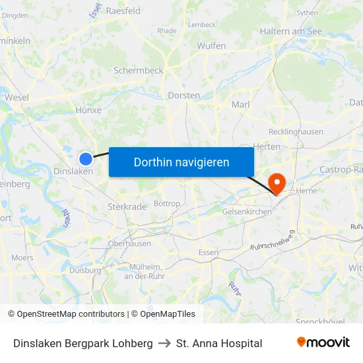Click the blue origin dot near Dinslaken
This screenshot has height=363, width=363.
click(x=86, y=158)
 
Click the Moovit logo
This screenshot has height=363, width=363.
click(x=323, y=343)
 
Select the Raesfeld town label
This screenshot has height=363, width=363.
click(x=123, y=11)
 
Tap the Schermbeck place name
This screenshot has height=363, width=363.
click(x=138, y=70)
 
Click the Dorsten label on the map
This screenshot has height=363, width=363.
click(x=184, y=95)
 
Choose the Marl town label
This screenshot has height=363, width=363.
click(x=240, y=104)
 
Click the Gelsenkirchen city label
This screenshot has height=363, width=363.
click(x=247, y=211)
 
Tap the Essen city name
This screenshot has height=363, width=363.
click(x=208, y=253)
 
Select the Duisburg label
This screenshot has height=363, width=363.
click(x=85, y=269)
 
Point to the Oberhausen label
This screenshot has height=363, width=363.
click(x=129, y=243)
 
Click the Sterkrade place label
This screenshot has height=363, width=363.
click(x=127, y=207)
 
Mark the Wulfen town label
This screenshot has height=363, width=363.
click(x=211, y=46)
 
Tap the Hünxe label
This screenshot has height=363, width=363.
click(x=88, y=110)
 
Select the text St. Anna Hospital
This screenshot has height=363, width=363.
click(x=219, y=343)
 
